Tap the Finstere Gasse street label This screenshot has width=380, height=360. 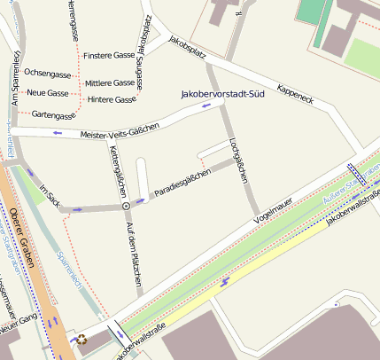[108, 55]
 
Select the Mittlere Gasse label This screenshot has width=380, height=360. [110, 82]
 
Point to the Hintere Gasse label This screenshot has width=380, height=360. [112, 98]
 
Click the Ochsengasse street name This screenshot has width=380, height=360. [48, 73]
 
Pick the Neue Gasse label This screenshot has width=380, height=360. [48, 92]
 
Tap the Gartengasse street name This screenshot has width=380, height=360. [53, 115]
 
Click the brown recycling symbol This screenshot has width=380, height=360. [82, 338]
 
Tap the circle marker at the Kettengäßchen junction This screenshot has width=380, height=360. [126, 205]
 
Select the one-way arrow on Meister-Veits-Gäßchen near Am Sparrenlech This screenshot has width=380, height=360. [58, 133]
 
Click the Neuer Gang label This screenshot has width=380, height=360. [14, 330]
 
